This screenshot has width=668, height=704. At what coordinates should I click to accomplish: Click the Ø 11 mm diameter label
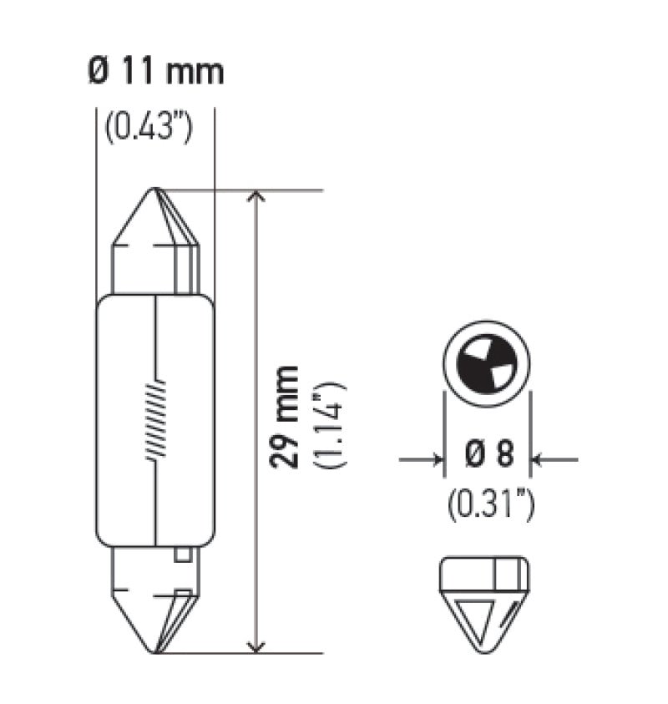click(155, 72)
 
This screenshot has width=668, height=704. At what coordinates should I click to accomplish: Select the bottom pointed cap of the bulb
click(156, 601)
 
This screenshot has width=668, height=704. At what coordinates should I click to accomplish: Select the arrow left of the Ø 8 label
click(434, 458)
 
